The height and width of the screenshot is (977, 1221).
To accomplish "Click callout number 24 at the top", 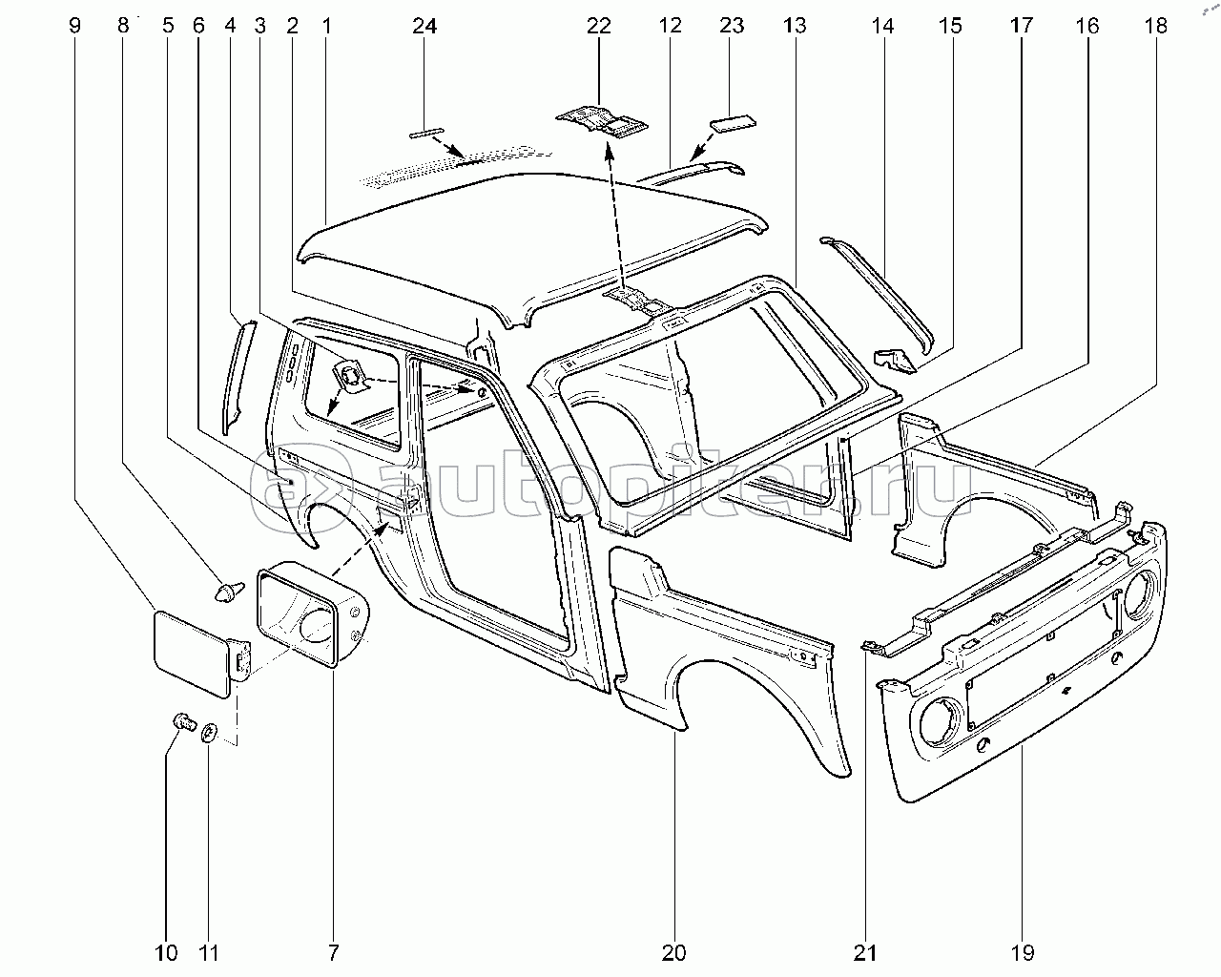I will (x=424, y=27).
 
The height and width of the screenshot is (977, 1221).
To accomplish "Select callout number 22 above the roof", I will (x=598, y=27).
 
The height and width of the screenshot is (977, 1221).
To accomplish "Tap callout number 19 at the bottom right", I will (x=1022, y=952).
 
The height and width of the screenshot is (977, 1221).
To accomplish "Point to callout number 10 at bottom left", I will (x=165, y=952).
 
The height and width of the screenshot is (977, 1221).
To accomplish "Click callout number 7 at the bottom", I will (x=333, y=952).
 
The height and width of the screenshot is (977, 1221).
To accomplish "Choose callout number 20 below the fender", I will (x=673, y=952).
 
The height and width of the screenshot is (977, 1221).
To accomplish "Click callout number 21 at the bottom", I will (x=866, y=952).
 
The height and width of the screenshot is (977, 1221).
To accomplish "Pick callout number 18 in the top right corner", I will (x=1155, y=27).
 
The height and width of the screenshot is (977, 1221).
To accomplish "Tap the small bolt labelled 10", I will (x=181, y=723).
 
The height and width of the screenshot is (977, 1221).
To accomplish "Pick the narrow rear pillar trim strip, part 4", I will (x=235, y=377).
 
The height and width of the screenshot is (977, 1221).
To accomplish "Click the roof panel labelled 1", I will (x=534, y=239).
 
